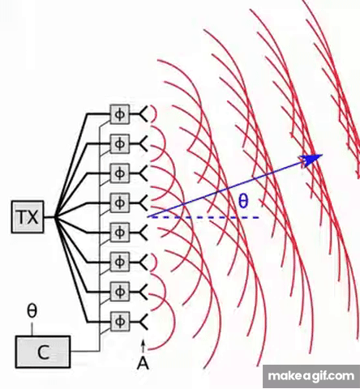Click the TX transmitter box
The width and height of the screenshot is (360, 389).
pos(28,216)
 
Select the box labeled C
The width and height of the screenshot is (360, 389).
pos(43,352)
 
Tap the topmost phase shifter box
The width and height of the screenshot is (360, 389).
pos(120,114)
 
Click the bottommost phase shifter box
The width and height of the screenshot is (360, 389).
pos(120,321)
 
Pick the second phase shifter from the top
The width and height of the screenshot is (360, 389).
pos(120,144)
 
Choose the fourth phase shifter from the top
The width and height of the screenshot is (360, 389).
pos(120,203)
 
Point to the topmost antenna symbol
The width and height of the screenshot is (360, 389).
pos(144,114)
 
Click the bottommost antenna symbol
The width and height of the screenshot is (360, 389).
pos(144,321)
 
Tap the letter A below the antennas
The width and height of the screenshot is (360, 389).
pos(143,363)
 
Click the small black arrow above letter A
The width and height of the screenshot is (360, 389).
pos(144,346)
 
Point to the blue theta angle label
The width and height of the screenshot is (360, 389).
pos(243,201)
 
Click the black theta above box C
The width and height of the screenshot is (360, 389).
pos(32,310)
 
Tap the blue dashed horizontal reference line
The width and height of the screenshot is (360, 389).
pos(204,217)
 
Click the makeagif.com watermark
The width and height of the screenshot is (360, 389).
pos(311,376)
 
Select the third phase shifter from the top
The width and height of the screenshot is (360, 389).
pos(120,173)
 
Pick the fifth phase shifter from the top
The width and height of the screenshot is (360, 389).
pos(120,232)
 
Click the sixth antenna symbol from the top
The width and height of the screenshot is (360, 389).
pos(144,262)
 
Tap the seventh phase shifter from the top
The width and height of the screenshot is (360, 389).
pos(120,292)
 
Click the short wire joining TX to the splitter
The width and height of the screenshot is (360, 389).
pos(49,217)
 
